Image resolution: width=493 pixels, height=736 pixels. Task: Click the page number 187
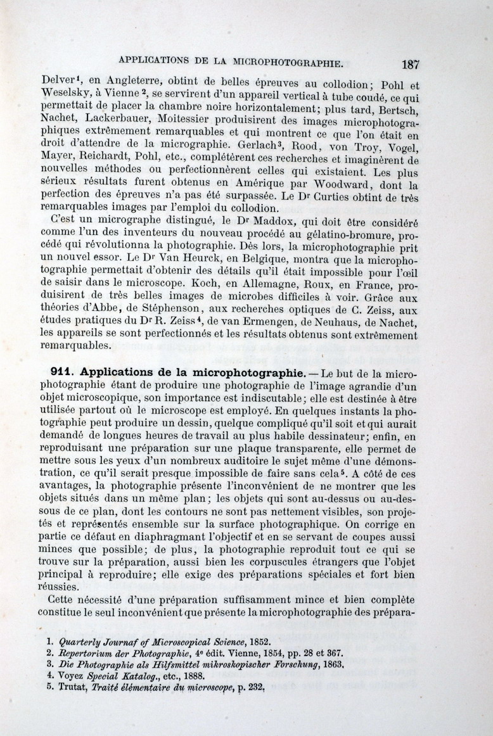pyautogui.click(x=410, y=64)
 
